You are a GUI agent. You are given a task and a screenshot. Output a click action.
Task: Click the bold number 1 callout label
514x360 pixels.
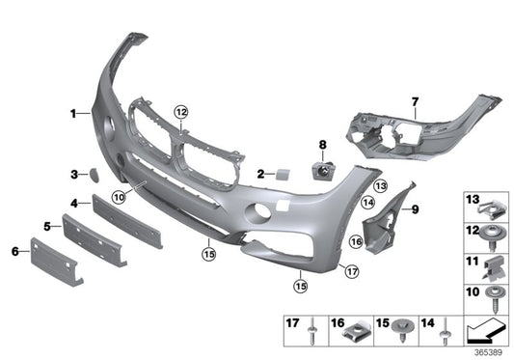pyautogui.click(x=71, y=114)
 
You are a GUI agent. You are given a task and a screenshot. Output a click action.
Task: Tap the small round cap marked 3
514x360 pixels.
pyautogui.click(x=97, y=175)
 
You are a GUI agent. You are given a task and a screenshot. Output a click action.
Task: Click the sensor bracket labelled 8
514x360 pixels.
pyautogui.click(x=322, y=172)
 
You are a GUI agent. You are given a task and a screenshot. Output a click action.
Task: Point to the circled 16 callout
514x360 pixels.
pyautogui.click(x=356, y=242)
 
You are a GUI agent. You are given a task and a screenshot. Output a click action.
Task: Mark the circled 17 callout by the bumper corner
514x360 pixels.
pyautogui.click(x=351, y=273)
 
